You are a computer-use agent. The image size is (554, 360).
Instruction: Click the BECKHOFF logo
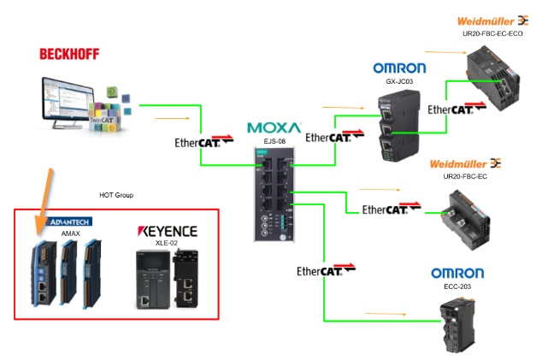tap(69, 54)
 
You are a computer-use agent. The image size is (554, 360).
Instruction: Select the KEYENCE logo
tap(168, 231)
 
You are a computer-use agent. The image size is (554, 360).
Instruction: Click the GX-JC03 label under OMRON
tap(399, 83)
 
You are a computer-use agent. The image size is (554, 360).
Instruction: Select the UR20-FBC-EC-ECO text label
tap(492, 33)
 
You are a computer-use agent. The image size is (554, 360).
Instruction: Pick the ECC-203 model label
tap(457, 287)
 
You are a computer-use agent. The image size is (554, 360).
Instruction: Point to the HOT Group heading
tap(116, 194)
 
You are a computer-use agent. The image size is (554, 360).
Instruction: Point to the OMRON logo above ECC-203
tap(457, 274)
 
